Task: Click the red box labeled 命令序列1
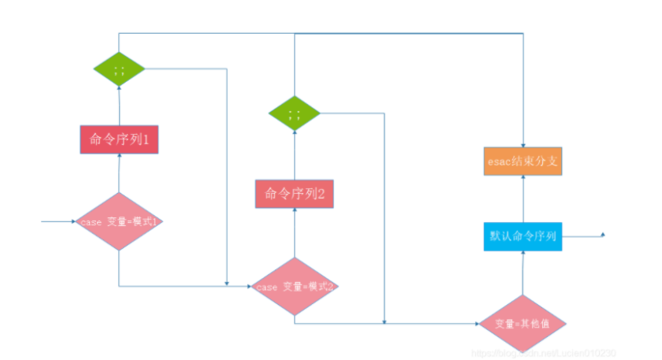[x=119, y=139]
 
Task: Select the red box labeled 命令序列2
[x=294, y=194]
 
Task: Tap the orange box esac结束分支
[x=523, y=161]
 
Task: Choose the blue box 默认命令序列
[x=523, y=236]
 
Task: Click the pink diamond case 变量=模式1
[x=118, y=221]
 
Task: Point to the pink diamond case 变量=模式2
[x=294, y=287]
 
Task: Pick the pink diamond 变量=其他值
[x=523, y=324]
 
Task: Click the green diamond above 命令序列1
[x=119, y=69]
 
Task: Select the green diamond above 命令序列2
[x=294, y=113]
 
